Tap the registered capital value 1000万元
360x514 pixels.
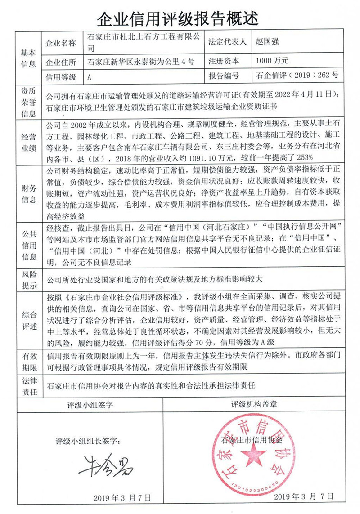point(272,60)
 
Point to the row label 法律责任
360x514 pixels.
point(28,385)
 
